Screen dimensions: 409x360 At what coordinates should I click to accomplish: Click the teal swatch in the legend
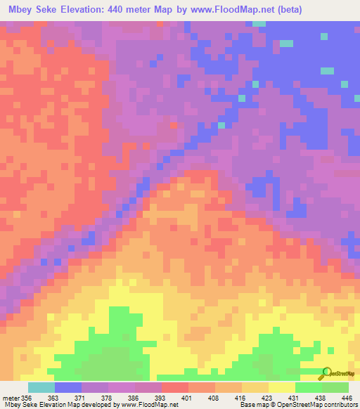(41, 388)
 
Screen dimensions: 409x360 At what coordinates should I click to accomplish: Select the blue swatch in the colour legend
(68, 388)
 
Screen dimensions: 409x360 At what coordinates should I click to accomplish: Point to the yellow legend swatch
(282, 388)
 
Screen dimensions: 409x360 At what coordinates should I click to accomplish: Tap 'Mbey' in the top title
(19, 9)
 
